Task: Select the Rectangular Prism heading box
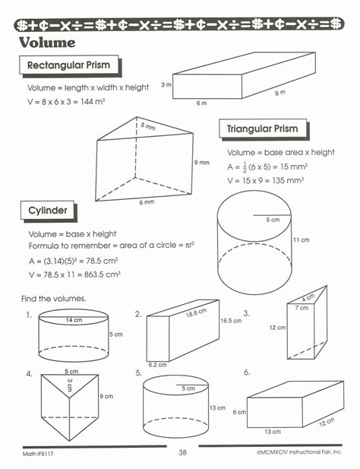[68, 66]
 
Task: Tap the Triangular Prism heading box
[262, 129]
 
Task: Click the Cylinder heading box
[49, 211]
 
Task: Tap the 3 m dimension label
[166, 86]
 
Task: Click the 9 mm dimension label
[201, 163]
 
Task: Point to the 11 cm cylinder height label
[301, 240]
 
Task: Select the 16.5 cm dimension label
[231, 322]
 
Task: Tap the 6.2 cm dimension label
[158, 364]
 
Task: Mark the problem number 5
[138, 373]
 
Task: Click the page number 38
[182, 453]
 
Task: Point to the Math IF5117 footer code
[36, 454]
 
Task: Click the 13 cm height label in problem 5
[216, 408]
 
